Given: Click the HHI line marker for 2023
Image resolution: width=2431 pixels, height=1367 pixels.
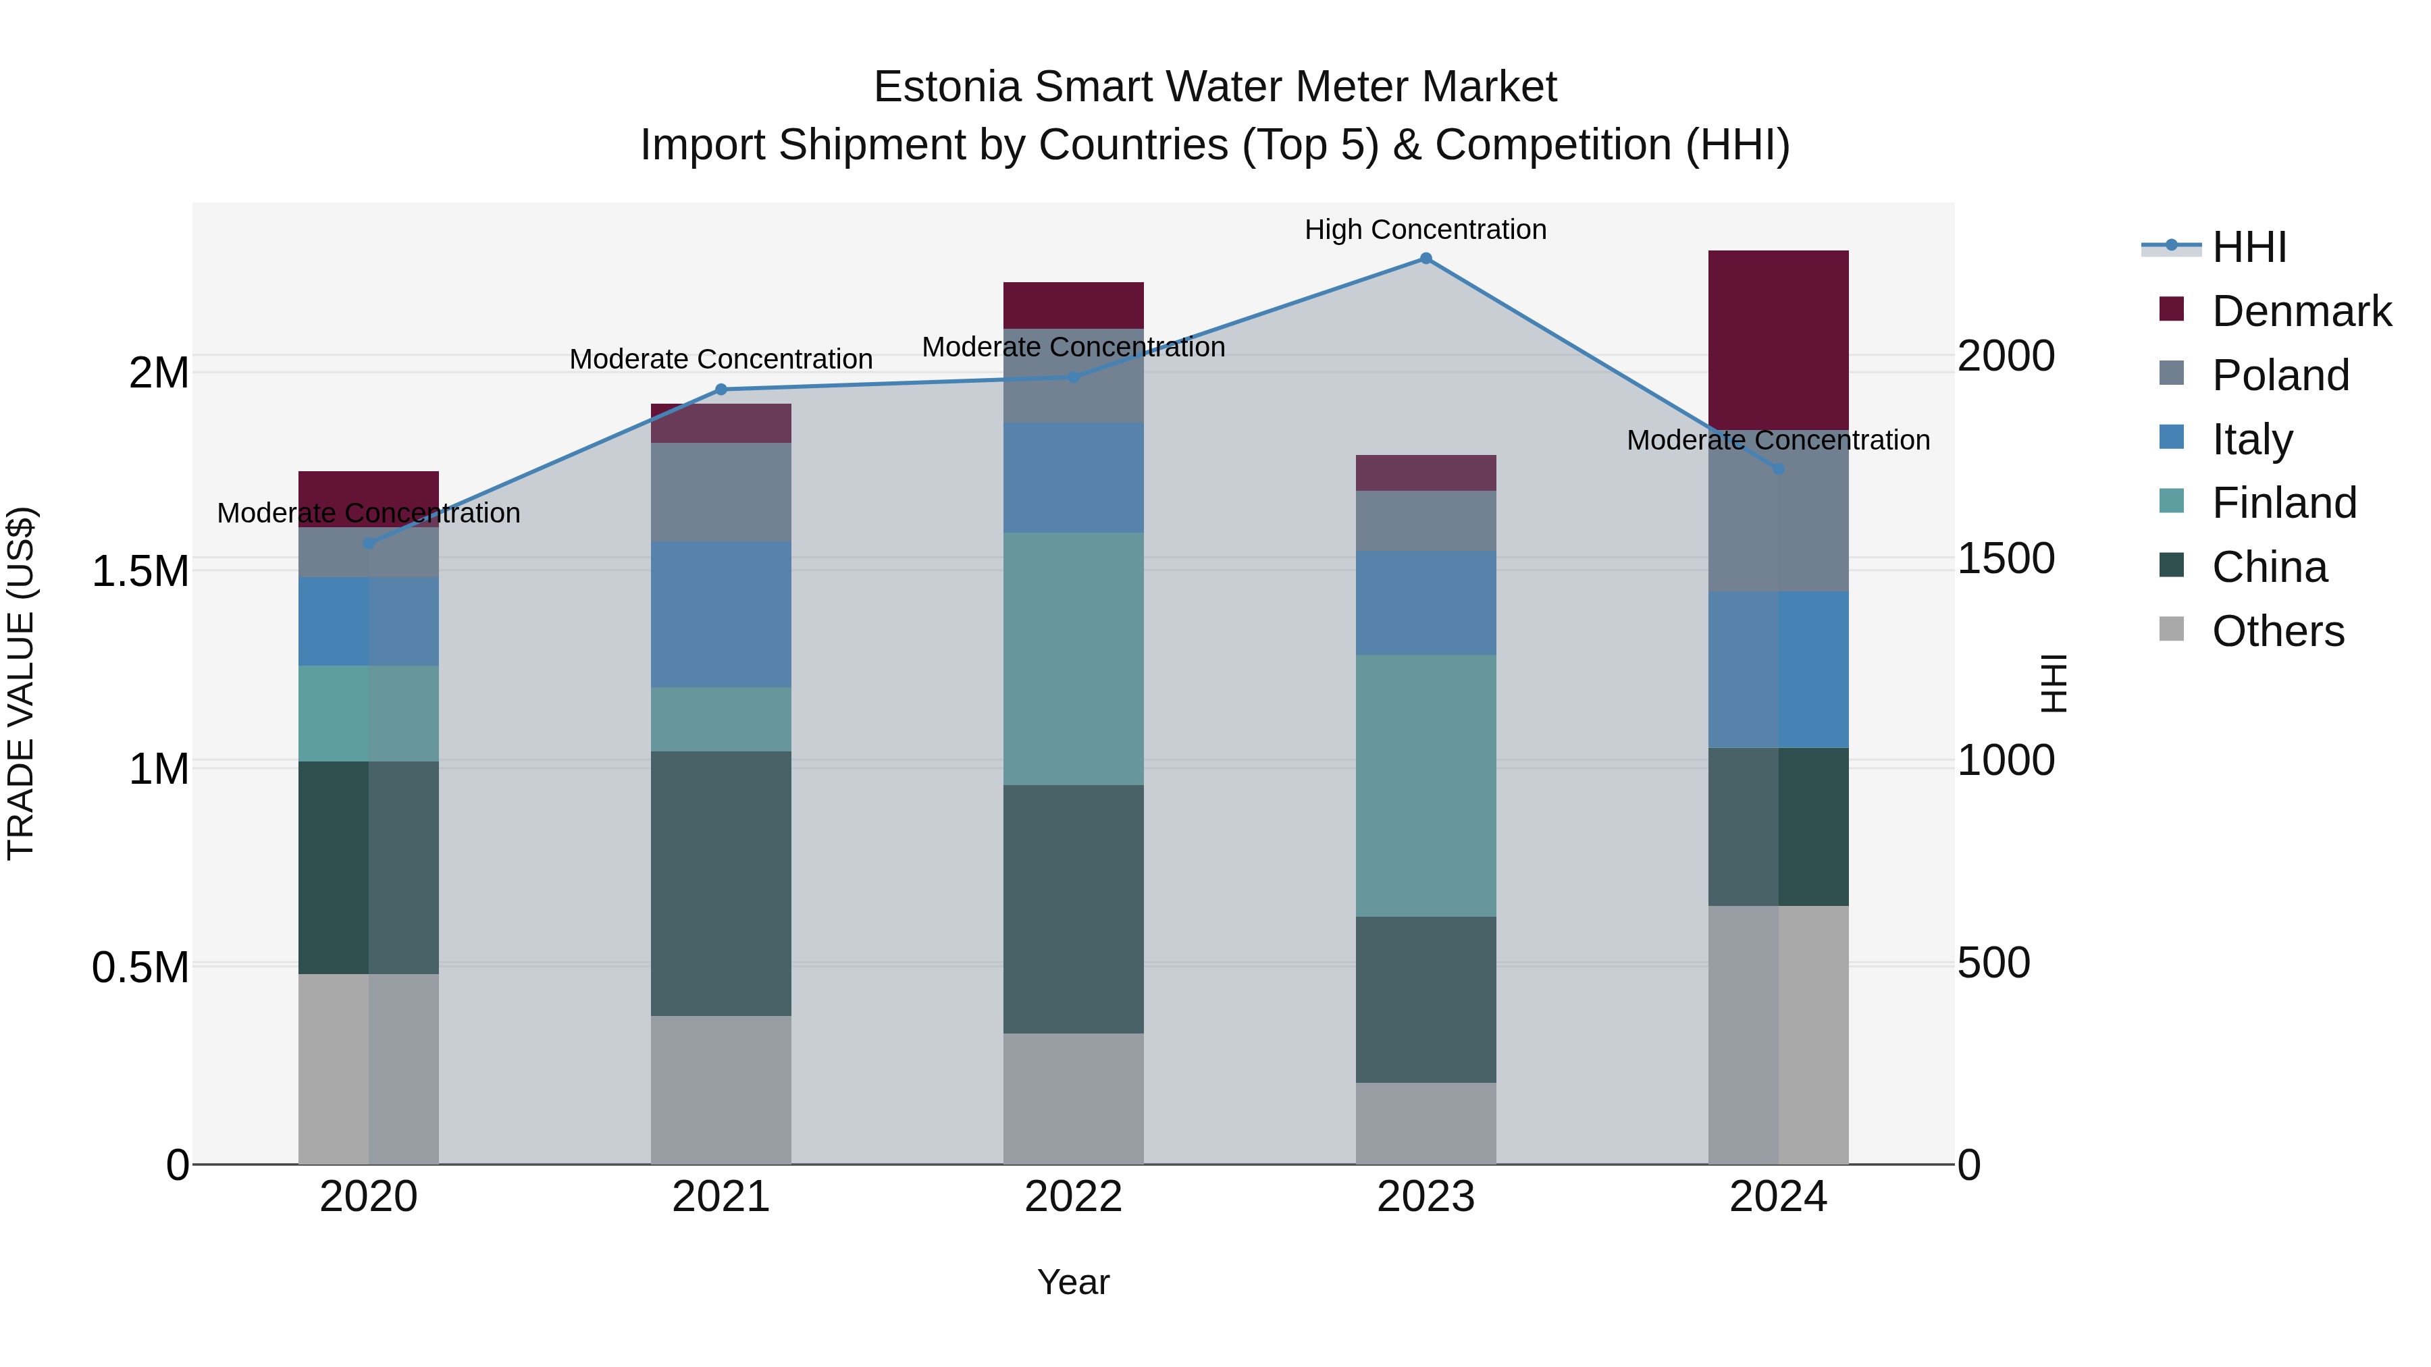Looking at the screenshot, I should tap(1425, 259).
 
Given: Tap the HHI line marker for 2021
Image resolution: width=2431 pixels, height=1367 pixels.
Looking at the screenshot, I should tap(721, 390).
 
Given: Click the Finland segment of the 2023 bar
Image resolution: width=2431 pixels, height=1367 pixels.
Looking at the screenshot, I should tap(1425, 786).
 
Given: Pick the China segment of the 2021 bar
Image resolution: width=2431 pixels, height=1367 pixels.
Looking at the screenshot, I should tap(721, 883).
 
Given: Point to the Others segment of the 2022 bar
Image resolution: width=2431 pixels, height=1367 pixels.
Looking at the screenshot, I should tap(1073, 1098).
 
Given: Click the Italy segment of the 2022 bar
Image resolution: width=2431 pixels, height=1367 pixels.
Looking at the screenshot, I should tap(1073, 477).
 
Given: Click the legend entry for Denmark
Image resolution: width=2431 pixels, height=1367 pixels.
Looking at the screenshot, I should tap(2300, 311).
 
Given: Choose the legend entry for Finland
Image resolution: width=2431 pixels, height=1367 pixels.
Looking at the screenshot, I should tap(2283, 503).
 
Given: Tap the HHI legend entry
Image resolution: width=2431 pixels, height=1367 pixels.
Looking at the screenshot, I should tap(2249, 247).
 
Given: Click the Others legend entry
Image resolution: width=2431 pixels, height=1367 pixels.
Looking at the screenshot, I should tap(2277, 631).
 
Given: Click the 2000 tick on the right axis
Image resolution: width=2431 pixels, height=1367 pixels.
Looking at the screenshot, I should tap(2006, 356).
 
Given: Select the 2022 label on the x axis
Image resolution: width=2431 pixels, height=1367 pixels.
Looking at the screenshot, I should tap(1073, 1197).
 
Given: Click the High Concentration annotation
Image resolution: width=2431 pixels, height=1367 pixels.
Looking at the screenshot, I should tap(1425, 230).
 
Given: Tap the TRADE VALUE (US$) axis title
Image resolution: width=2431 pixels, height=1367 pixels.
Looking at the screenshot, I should tap(21, 683).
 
